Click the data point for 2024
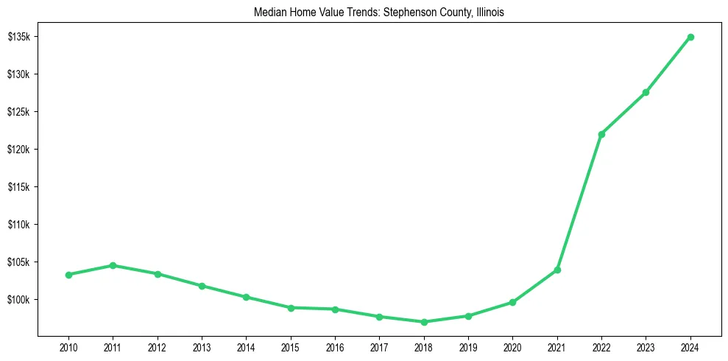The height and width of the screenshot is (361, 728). click(690, 37)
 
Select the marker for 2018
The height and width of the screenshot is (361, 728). click(424, 322)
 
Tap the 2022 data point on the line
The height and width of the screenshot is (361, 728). click(601, 134)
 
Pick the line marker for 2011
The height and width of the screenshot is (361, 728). click(113, 265)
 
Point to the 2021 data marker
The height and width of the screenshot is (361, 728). click(557, 270)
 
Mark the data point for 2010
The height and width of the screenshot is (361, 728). click(68, 275)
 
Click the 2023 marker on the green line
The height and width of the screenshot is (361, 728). click(646, 92)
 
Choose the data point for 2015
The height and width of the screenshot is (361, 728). click(291, 308)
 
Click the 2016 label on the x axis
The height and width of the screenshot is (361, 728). click(335, 347)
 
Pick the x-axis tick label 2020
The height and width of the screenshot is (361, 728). click(512, 347)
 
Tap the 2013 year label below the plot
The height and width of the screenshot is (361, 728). click(202, 347)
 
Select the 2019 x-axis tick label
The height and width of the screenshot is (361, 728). click(468, 347)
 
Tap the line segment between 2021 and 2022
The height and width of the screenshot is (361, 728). click(579, 202)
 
